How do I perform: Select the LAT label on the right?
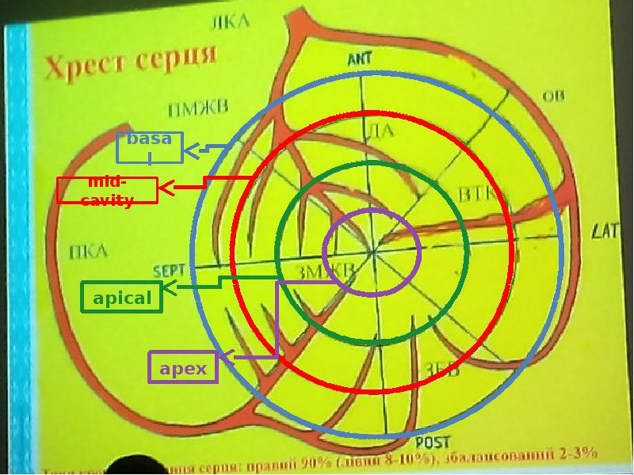[605, 231]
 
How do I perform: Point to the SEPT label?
[169, 270]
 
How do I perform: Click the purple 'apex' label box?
[183, 368]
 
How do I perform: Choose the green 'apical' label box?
[122, 298]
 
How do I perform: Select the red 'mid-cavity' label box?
[107, 191]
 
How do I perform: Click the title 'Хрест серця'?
[131, 63]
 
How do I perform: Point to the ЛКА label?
[230, 21]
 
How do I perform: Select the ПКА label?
[88, 253]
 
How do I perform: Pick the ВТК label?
[475, 194]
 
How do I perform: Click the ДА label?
[381, 130]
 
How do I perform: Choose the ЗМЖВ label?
[325, 272]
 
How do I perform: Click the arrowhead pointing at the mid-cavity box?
[165, 188]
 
